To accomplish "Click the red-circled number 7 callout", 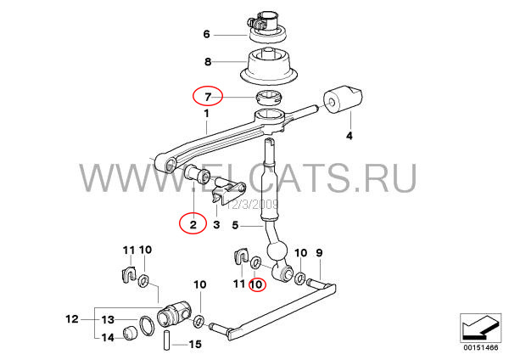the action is [x=208, y=96].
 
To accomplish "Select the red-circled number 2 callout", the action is [x=193, y=223].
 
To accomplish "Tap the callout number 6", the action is [x=207, y=34].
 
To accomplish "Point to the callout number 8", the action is [x=208, y=61].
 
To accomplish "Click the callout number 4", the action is [x=350, y=136].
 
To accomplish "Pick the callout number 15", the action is [x=195, y=344].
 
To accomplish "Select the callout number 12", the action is [x=72, y=319].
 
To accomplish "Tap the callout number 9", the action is [x=320, y=252].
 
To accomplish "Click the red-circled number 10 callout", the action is [x=257, y=284].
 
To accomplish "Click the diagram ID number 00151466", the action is [x=480, y=347].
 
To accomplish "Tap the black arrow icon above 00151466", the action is [x=480, y=328].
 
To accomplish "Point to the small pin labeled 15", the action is [x=166, y=340].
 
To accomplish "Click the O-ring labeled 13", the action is [x=147, y=325].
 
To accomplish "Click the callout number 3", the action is [x=216, y=224].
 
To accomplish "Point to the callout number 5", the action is [x=236, y=225].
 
